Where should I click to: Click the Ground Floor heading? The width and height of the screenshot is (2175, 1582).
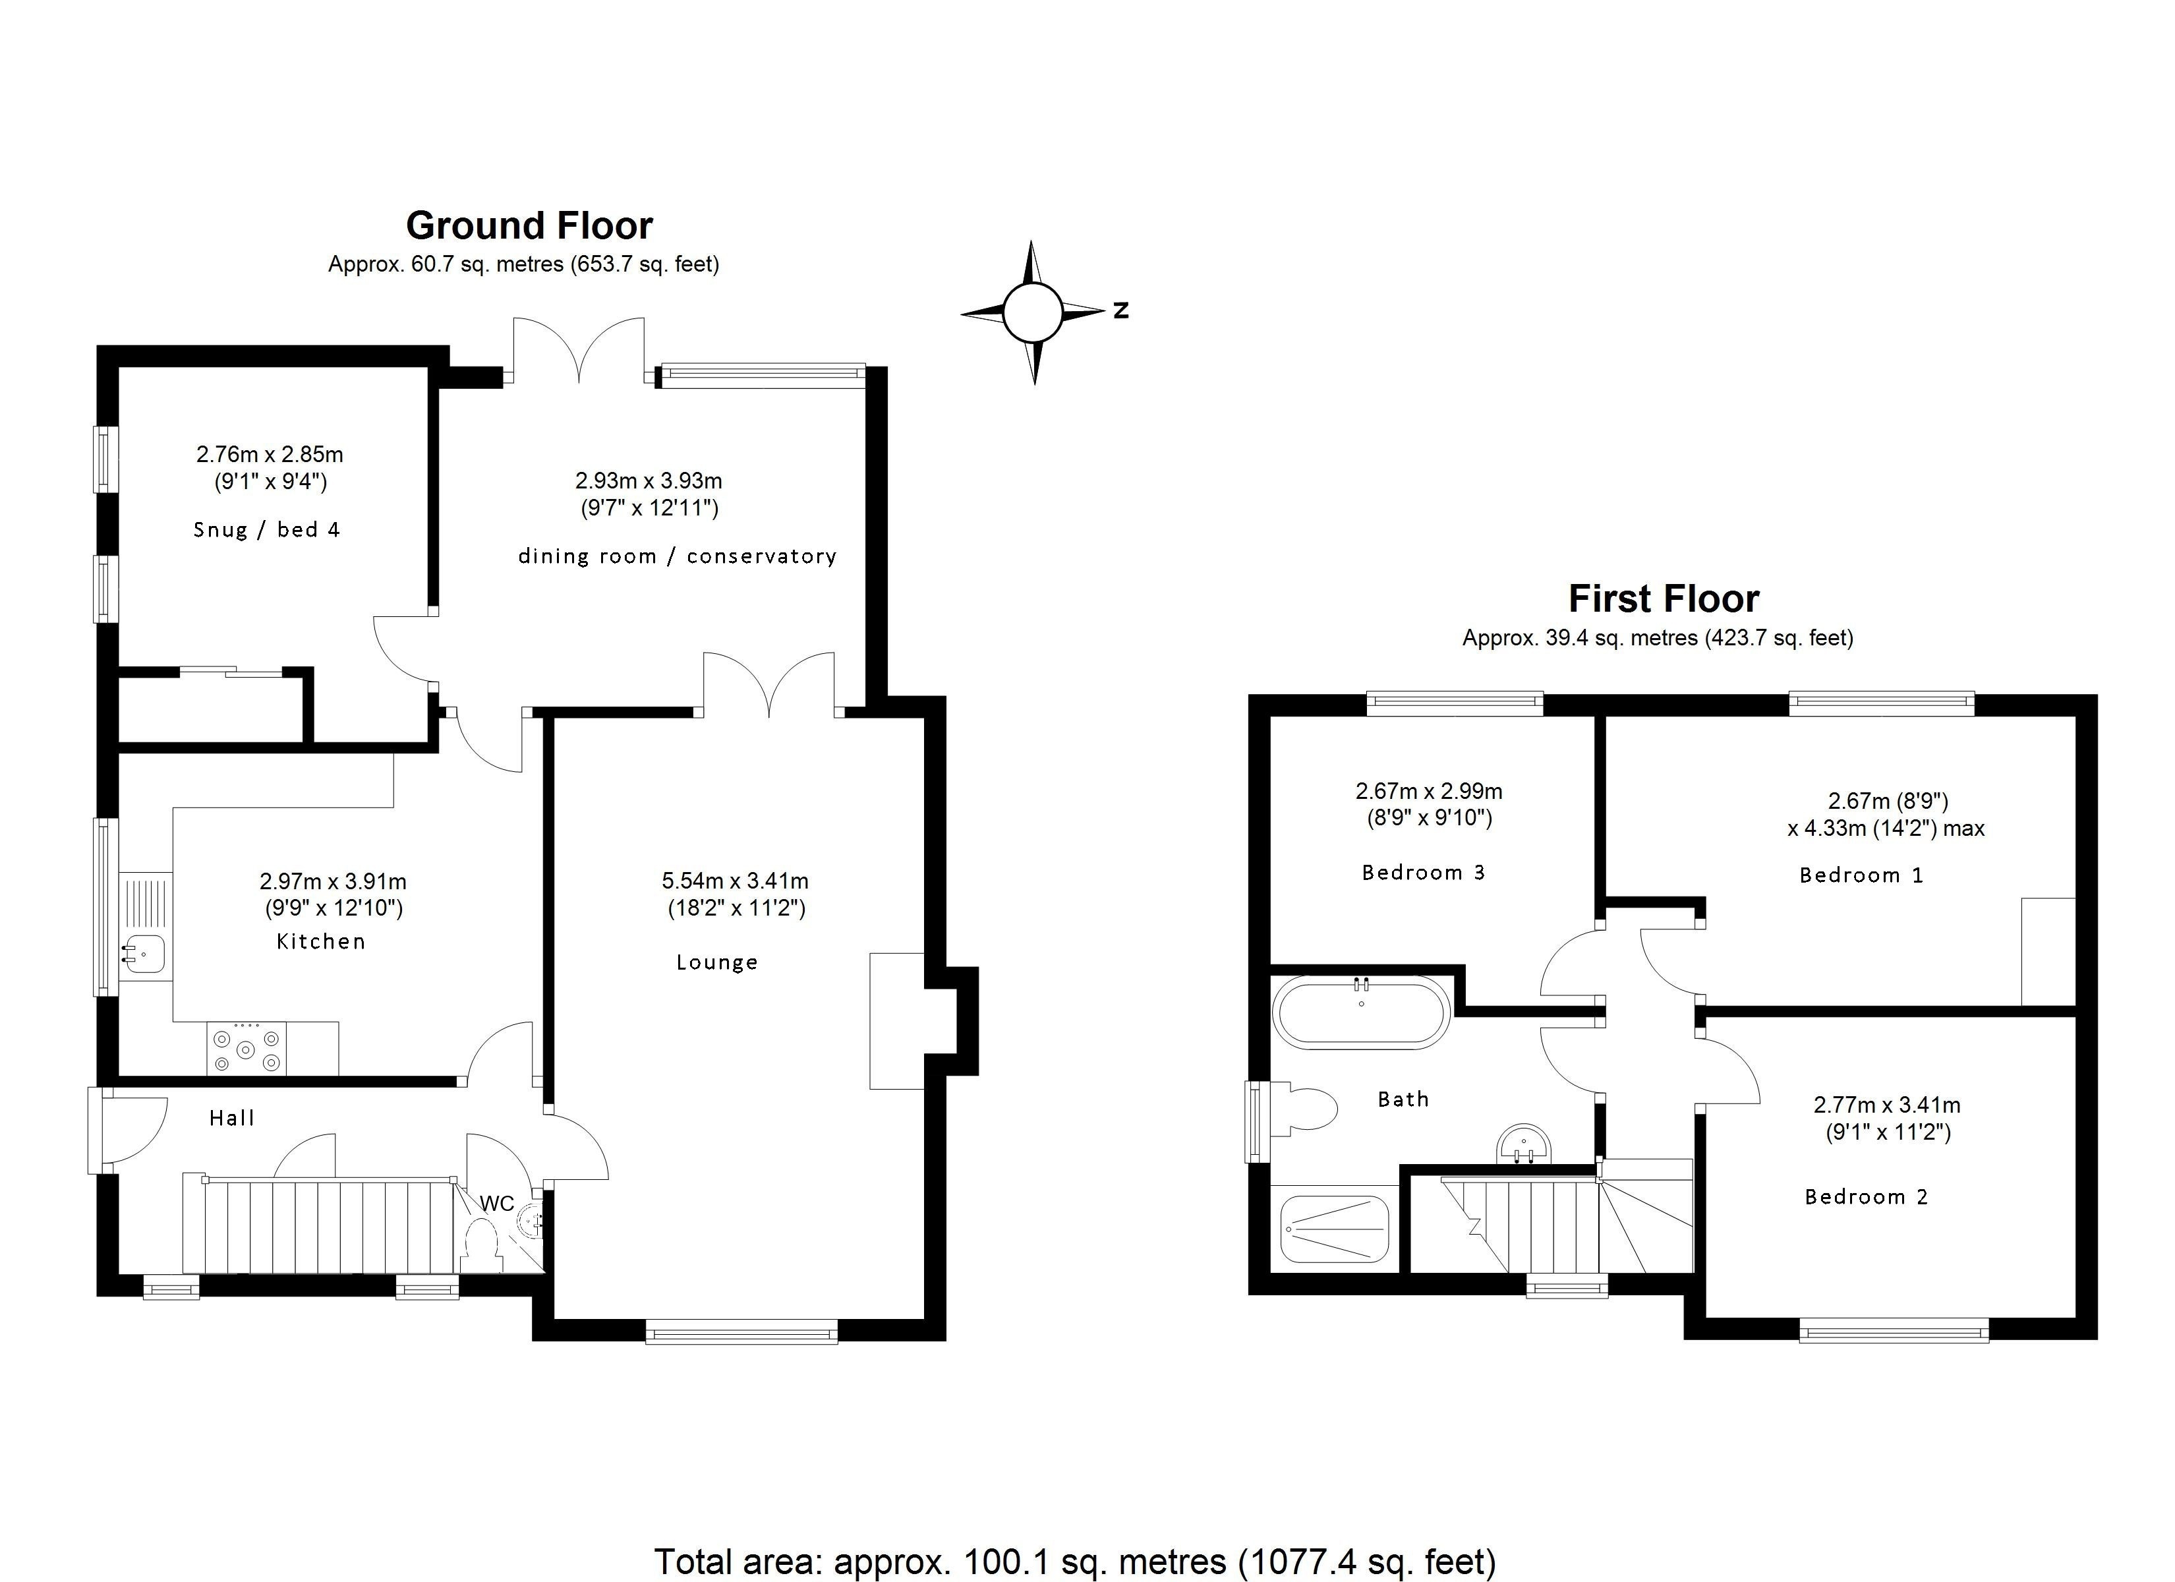(x=529, y=226)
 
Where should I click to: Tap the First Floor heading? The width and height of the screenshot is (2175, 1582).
(x=1664, y=599)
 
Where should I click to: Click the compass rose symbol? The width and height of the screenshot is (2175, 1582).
(x=1033, y=312)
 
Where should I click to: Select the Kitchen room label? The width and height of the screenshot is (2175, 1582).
(x=321, y=941)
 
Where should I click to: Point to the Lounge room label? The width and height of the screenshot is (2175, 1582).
(x=717, y=962)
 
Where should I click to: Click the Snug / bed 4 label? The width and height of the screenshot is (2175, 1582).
(x=266, y=529)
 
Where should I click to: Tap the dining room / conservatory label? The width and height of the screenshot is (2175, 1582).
(x=677, y=556)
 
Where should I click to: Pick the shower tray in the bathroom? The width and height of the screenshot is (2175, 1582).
(x=1334, y=1229)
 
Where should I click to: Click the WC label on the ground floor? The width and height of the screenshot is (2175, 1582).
(x=497, y=1203)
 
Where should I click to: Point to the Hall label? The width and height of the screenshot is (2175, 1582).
(x=232, y=1118)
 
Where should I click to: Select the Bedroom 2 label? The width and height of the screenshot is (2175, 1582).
(x=1866, y=1196)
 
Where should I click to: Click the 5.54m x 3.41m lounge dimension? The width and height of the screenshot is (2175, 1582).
(x=736, y=881)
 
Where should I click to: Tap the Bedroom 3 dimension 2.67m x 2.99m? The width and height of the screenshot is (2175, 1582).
(x=1429, y=792)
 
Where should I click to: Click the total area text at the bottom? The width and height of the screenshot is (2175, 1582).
(x=1075, y=1561)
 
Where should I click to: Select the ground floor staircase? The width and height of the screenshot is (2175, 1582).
(x=318, y=1223)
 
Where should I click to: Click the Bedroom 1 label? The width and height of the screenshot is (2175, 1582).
(x=1861, y=875)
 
